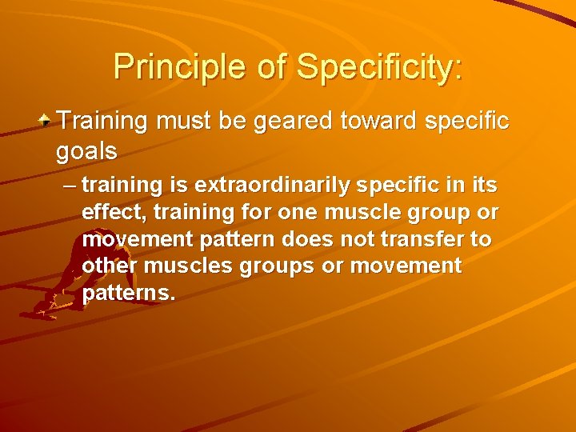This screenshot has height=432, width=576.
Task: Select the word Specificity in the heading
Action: click(x=378, y=66)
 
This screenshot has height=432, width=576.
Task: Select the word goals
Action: click(x=86, y=150)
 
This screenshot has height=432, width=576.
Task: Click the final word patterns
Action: click(x=128, y=293)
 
